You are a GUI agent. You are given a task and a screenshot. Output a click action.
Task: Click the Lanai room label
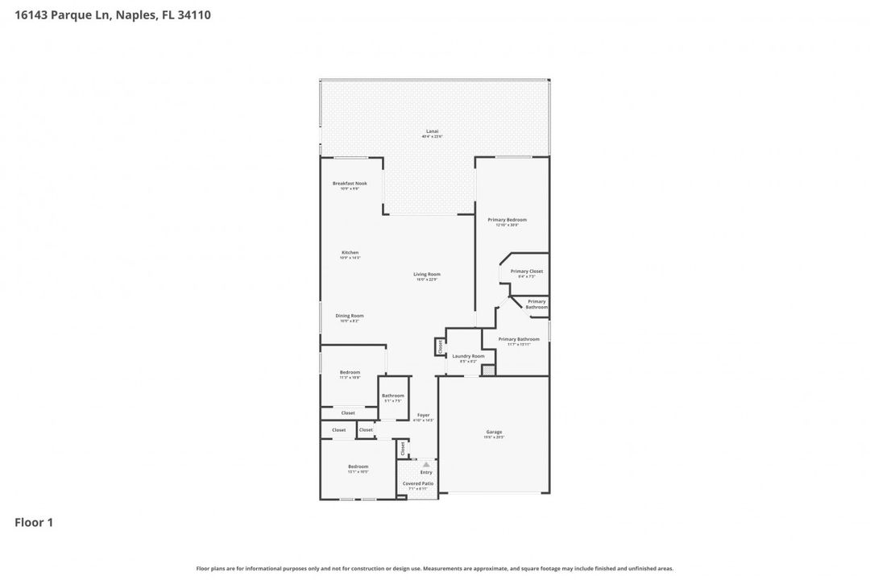[432, 131]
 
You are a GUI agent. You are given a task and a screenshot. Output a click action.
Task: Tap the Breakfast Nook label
[350, 184]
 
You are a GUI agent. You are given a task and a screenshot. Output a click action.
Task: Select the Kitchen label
[350, 253]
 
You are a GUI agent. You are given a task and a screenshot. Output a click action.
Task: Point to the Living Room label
[427, 275]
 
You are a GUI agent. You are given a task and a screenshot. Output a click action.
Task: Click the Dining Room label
[350, 316]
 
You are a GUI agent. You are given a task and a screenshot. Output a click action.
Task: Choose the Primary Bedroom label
[507, 220]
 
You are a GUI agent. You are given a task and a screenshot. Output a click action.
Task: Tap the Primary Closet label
[526, 271]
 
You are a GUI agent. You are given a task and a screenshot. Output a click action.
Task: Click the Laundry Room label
[468, 356]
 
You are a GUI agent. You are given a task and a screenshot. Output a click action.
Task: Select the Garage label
[494, 432]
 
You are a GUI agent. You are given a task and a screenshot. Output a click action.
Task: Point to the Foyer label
[423, 415]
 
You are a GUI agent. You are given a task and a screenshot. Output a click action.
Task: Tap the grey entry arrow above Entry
[426, 465]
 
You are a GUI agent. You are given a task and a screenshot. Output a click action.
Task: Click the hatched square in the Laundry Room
[488, 370]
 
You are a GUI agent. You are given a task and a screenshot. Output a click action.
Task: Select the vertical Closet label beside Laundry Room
[440, 346]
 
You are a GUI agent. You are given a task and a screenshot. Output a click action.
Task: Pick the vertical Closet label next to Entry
[403, 449]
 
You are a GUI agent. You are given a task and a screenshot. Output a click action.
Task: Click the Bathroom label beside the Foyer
[393, 396]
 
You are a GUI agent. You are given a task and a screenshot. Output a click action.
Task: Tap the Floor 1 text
[34, 523]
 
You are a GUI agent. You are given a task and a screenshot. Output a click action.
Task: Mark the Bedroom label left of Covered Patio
[358, 467]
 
